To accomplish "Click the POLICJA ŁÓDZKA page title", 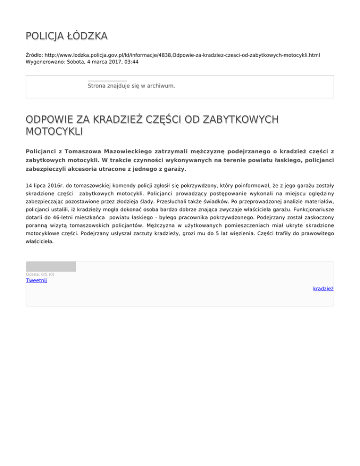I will click(67, 36).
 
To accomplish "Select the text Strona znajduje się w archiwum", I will click(131, 86).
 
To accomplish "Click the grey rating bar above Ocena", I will click(51, 267).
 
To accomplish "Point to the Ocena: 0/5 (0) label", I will click(40, 274).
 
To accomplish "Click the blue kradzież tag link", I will click(323, 289).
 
